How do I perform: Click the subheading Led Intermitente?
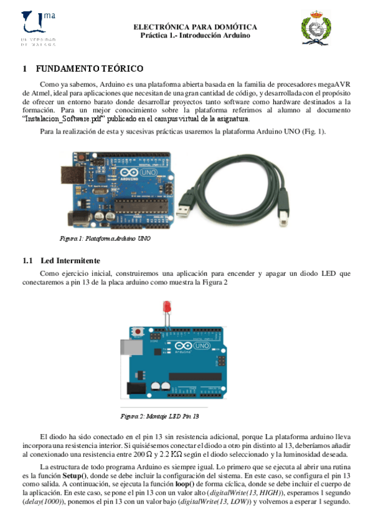[70, 260]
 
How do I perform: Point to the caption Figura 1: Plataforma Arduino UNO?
[105, 238]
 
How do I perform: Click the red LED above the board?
[167, 306]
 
